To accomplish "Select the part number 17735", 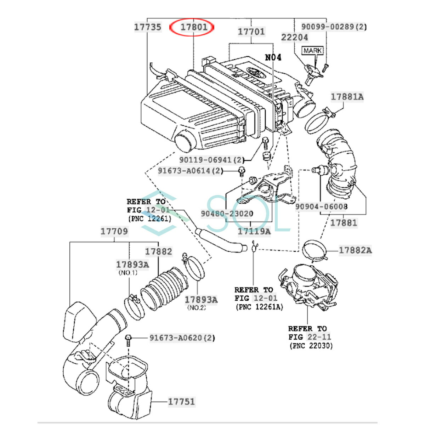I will (x=148, y=27).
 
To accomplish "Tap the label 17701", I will (x=251, y=32).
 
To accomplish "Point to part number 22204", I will (x=295, y=37).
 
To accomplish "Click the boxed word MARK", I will (x=313, y=51).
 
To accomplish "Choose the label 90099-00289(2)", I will (x=334, y=27).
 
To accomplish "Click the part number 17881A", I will (x=347, y=96).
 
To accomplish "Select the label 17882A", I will (x=355, y=250).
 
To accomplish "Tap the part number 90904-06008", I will (x=321, y=206).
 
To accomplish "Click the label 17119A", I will (x=254, y=232).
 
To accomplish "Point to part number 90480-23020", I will (x=227, y=214).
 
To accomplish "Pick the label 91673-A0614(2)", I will (x=191, y=171).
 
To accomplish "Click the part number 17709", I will (x=114, y=232).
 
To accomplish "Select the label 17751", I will (x=181, y=402).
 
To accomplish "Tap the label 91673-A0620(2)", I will (x=182, y=338).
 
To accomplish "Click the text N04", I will (x=273, y=57).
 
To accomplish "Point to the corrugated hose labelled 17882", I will (x=164, y=289).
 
